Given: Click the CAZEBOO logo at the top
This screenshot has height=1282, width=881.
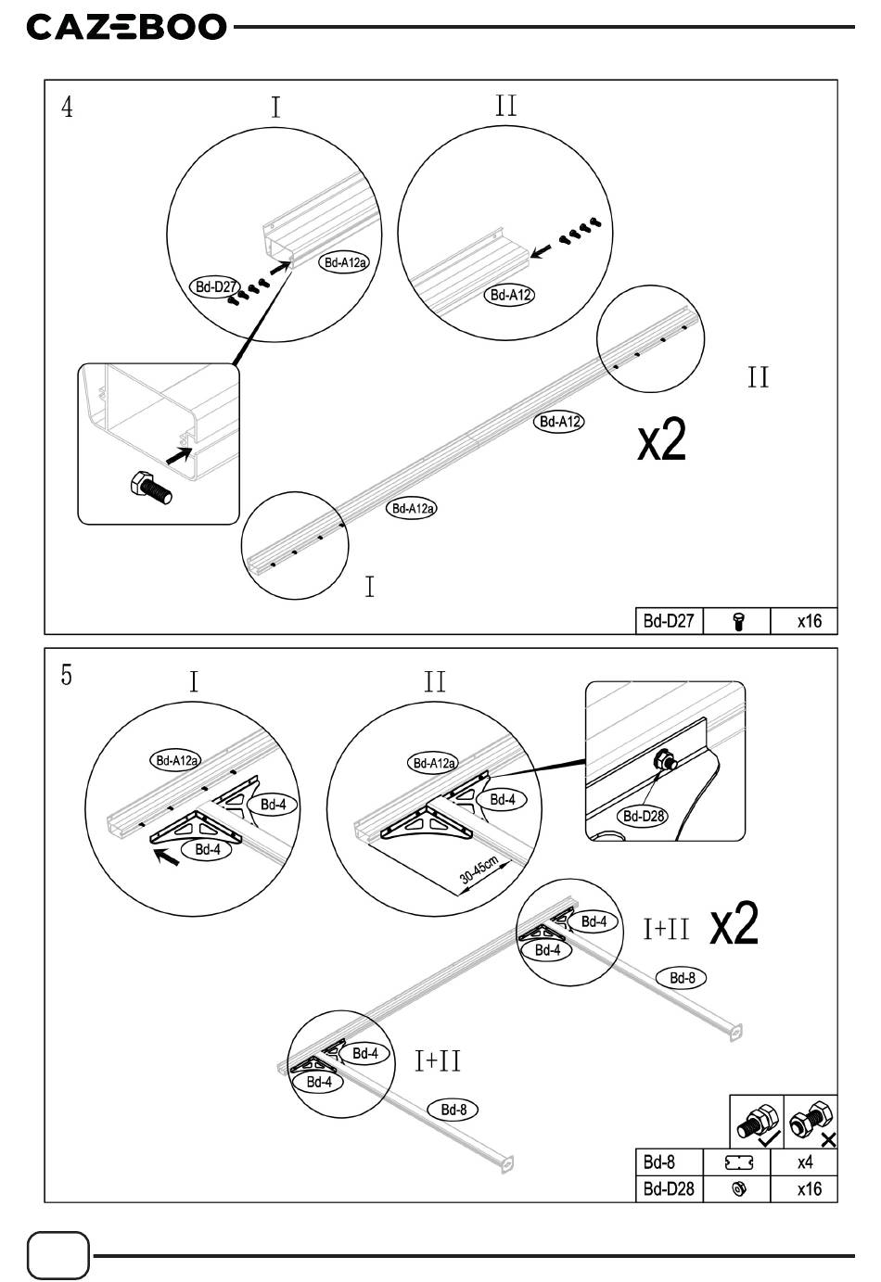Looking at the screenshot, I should [x=126, y=27].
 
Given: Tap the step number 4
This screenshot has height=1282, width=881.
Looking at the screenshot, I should [x=67, y=108].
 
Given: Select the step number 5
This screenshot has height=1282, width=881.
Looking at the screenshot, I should [x=67, y=675].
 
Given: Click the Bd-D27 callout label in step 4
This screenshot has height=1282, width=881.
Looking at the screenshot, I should [x=215, y=286].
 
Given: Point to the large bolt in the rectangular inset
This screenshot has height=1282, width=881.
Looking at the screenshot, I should [x=148, y=487].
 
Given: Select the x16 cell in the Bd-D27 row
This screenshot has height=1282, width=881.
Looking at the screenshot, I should [x=809, y=621].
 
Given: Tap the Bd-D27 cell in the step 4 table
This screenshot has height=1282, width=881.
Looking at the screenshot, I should [x=669, y=621].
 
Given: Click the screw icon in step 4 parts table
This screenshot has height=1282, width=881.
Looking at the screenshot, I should [x=738, y=621].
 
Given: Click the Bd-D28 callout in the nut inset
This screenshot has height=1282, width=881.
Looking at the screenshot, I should [x=643, y=816].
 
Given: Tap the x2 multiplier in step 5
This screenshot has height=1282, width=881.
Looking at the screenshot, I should [x=734, y=925].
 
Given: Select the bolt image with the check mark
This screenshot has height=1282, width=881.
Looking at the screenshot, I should [x=757, y=1122].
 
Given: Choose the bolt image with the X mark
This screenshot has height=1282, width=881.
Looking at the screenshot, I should [x=811, y=1122].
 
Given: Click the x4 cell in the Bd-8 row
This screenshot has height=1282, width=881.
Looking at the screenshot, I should [x=805, y=1162].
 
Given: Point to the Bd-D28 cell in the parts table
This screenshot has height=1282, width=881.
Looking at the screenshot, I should [x=669, y=1188].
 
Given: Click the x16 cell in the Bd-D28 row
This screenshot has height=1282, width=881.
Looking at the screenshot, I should [x=809, y=1188].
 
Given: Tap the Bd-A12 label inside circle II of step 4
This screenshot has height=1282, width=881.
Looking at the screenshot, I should [x=509, y=295].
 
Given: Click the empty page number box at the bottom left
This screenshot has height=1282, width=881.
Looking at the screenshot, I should [x=59, y=1255].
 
